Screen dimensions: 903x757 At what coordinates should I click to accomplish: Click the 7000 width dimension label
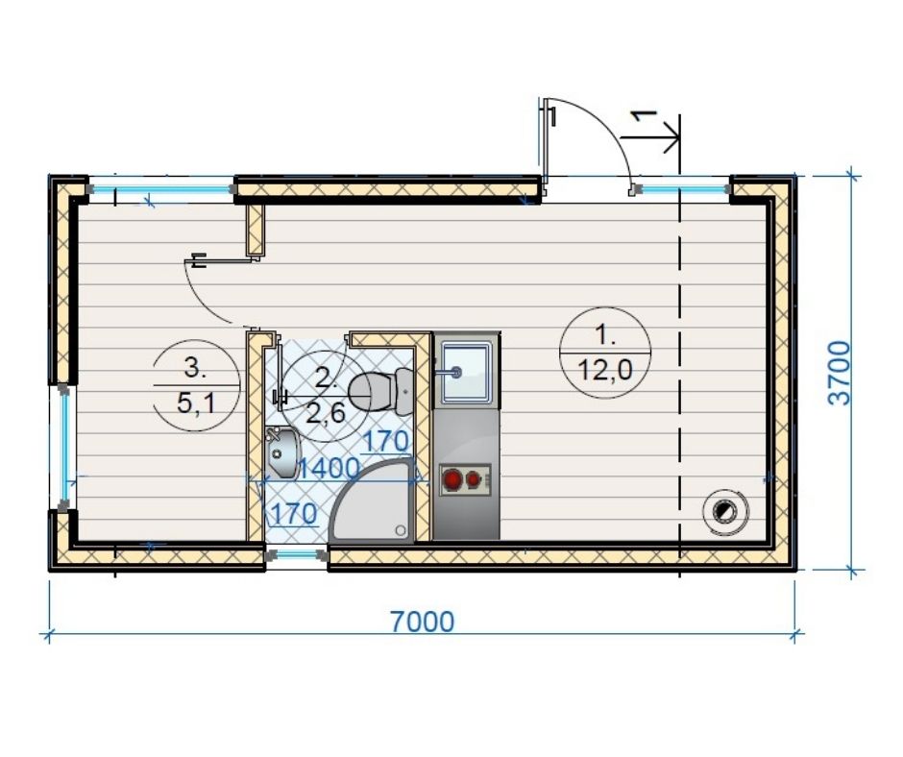(x=422, y=622)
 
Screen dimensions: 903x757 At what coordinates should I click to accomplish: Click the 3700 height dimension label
(x=839, y=374)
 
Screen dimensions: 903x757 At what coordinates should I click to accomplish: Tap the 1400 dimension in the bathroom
(x=329, y=468)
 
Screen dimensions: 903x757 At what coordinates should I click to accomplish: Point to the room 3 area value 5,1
(x=196, y=403)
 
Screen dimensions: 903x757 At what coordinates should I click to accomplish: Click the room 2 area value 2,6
(x=326, y=412)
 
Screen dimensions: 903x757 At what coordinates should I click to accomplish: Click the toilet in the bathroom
(x=380, y=391)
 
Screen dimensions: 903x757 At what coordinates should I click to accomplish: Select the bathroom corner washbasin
(x=282, y=452)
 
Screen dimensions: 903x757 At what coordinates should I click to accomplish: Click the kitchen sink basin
(x=467, y=372)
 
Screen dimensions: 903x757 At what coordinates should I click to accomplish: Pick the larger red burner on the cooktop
(x=452, y=479)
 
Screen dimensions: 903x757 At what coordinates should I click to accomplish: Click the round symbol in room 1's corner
(x=725, y=510)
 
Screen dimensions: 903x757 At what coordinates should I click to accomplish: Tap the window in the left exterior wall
(x=65, y=448)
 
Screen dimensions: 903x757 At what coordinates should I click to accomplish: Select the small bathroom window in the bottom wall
(x=297, y=555)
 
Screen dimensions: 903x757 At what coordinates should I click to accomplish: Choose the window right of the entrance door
(x=682, y=188)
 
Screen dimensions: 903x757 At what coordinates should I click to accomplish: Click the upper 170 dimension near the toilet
(x=386, y=442)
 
